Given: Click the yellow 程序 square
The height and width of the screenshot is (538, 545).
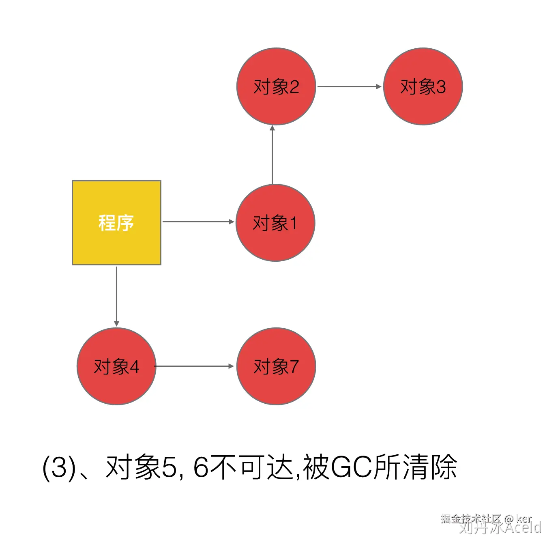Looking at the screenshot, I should click(x=116, y=243).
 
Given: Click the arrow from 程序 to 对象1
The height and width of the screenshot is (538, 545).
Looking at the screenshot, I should click(x=198, y=222).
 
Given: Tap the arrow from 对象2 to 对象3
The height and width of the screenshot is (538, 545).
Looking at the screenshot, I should click(x=349, y=86).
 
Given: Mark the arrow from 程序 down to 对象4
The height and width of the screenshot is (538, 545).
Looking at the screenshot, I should click(x=116, y=296).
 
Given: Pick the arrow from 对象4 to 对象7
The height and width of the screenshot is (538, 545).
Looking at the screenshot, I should click(x=195, y=366).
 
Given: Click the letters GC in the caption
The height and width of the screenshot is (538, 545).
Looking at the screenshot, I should click(x=351, y=467).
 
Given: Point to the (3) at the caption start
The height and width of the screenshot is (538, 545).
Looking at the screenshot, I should click(x=59, y=467).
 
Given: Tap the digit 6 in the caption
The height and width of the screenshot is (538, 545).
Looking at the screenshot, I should click(x=201, y=467).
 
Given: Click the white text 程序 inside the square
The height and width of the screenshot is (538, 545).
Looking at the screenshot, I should click(x=116, y=223).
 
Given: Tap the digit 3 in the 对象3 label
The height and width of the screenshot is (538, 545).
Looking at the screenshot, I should click(x=440, y=87).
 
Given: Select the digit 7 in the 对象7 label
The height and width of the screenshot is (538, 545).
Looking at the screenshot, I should click(x=293, y=367).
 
